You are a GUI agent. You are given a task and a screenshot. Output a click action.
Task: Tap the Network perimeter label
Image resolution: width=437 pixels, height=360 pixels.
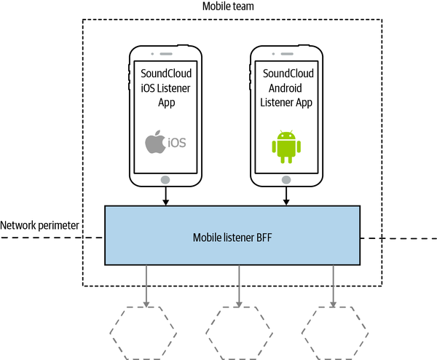[41, 227]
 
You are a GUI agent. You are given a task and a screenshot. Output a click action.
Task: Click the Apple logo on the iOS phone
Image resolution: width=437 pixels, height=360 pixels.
[154, 142]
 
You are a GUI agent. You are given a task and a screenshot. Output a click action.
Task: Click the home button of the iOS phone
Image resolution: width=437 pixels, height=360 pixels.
[165, 179]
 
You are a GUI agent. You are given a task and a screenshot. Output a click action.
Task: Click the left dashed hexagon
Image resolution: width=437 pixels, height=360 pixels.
[143, 332]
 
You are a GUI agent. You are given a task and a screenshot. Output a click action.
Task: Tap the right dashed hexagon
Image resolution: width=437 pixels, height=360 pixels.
[334, 332]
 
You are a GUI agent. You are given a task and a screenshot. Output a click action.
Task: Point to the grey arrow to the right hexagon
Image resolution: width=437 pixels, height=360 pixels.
[334, 285]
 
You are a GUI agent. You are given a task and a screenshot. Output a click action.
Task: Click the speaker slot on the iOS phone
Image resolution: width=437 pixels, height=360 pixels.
[165, 54]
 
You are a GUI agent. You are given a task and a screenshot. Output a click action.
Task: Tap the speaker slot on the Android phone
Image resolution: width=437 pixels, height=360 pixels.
[286, 54]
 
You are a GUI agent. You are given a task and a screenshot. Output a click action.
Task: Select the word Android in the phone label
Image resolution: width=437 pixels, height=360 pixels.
[286, 88]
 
